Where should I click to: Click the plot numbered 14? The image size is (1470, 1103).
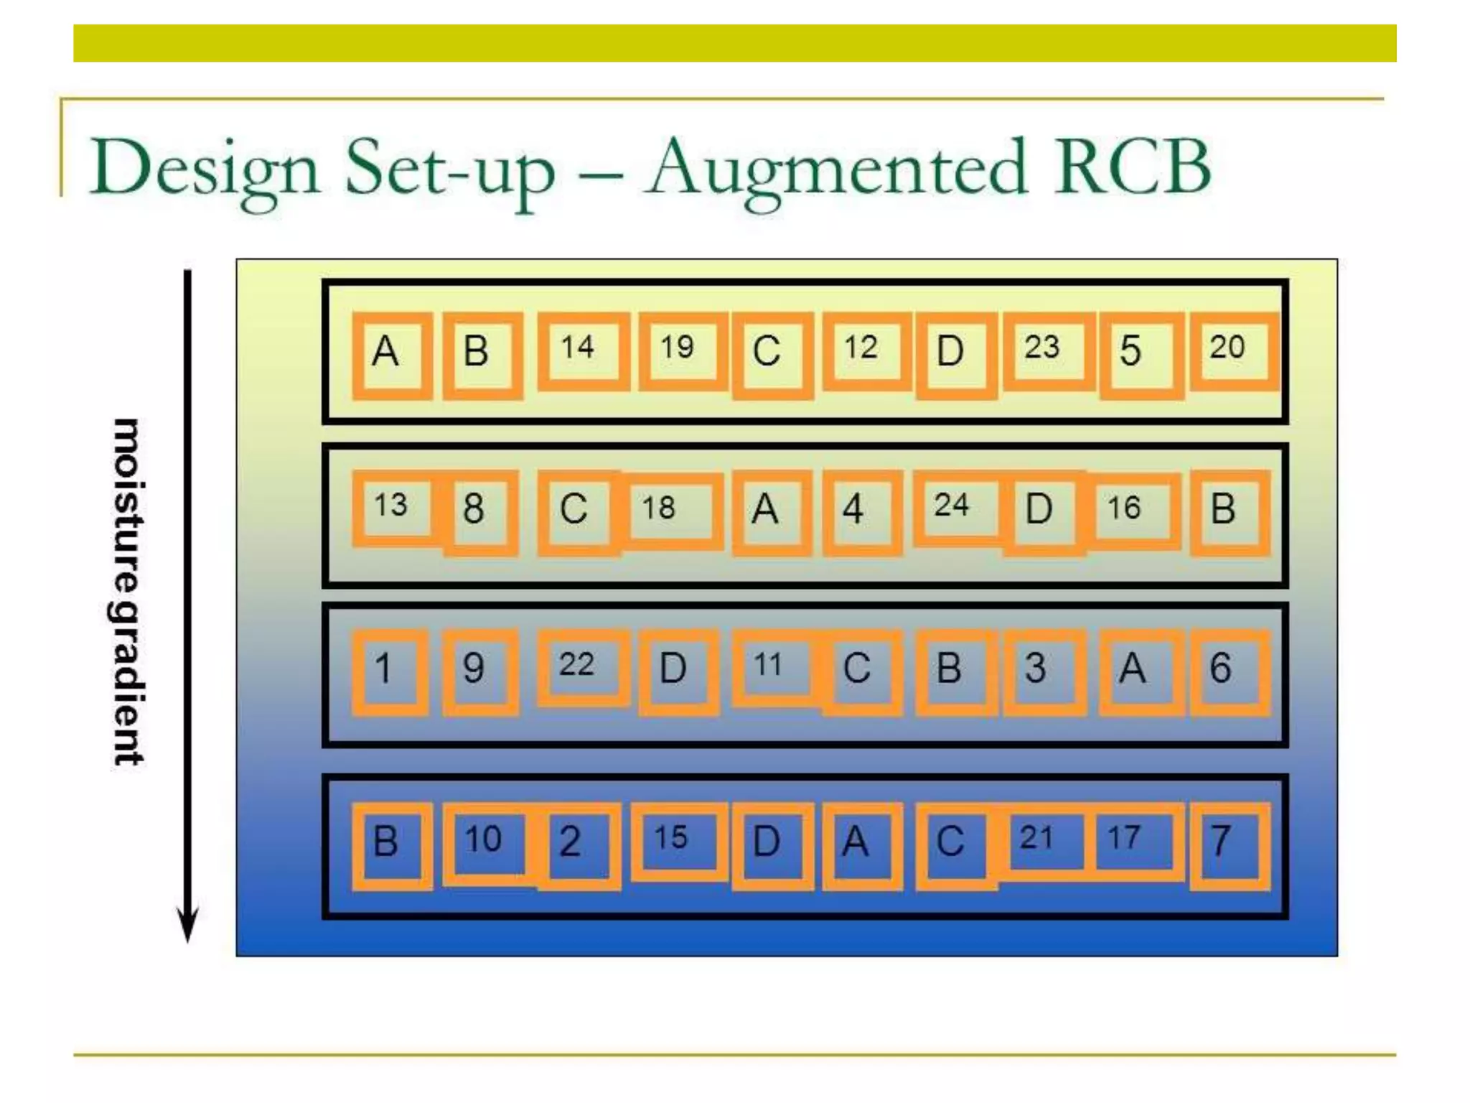point(582,351)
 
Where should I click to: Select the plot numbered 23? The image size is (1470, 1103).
point(1047,351)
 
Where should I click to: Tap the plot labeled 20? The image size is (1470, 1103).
point(1232,351)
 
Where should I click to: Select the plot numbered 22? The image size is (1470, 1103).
point(582,667)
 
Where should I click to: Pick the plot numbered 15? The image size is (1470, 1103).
point(677,841)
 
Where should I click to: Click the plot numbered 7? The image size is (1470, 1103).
point(1227,845)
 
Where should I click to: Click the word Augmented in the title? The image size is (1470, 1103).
point(836,169)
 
